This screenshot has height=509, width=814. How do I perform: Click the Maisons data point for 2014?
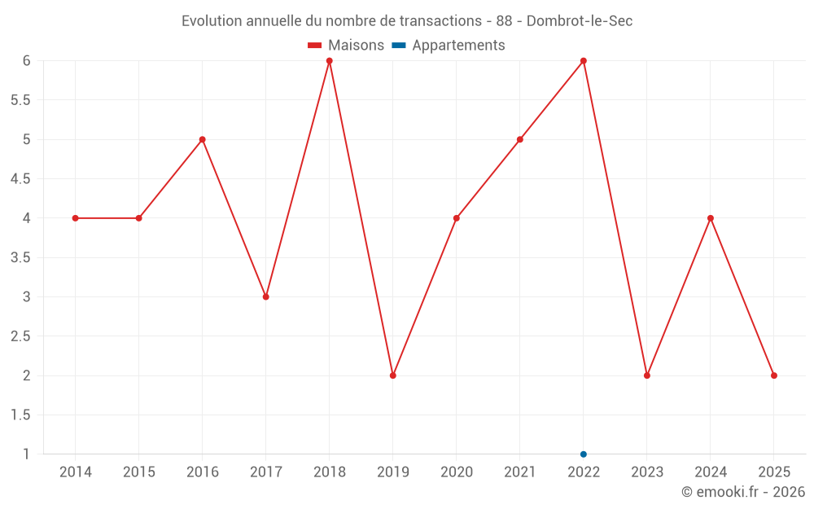point(75,218)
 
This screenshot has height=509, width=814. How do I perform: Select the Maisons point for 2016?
point(202,139)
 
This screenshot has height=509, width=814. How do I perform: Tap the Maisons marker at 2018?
point(330,61)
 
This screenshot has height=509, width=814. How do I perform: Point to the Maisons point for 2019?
point(393,375)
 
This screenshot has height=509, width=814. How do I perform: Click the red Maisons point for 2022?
point(584,61)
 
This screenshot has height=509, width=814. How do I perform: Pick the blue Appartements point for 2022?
point(584,454)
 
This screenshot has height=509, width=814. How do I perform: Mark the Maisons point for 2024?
point(711,218)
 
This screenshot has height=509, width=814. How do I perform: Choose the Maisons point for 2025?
point(774,375)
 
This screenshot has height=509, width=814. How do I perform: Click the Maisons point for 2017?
point(266,296)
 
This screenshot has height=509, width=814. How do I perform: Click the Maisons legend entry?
point(346,46)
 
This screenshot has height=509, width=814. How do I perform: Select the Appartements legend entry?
point(449,46)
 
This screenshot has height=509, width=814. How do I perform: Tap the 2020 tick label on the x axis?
point(457,472)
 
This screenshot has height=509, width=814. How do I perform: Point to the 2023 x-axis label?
point(647,472)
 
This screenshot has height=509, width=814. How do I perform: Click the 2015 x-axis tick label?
point(139,472)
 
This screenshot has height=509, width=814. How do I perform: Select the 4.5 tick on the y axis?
point(20,179)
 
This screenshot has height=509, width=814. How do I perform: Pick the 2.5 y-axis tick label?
point(20,336)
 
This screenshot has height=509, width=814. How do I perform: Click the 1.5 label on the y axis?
point(20,415)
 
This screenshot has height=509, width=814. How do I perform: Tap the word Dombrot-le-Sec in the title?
point(580,21)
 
